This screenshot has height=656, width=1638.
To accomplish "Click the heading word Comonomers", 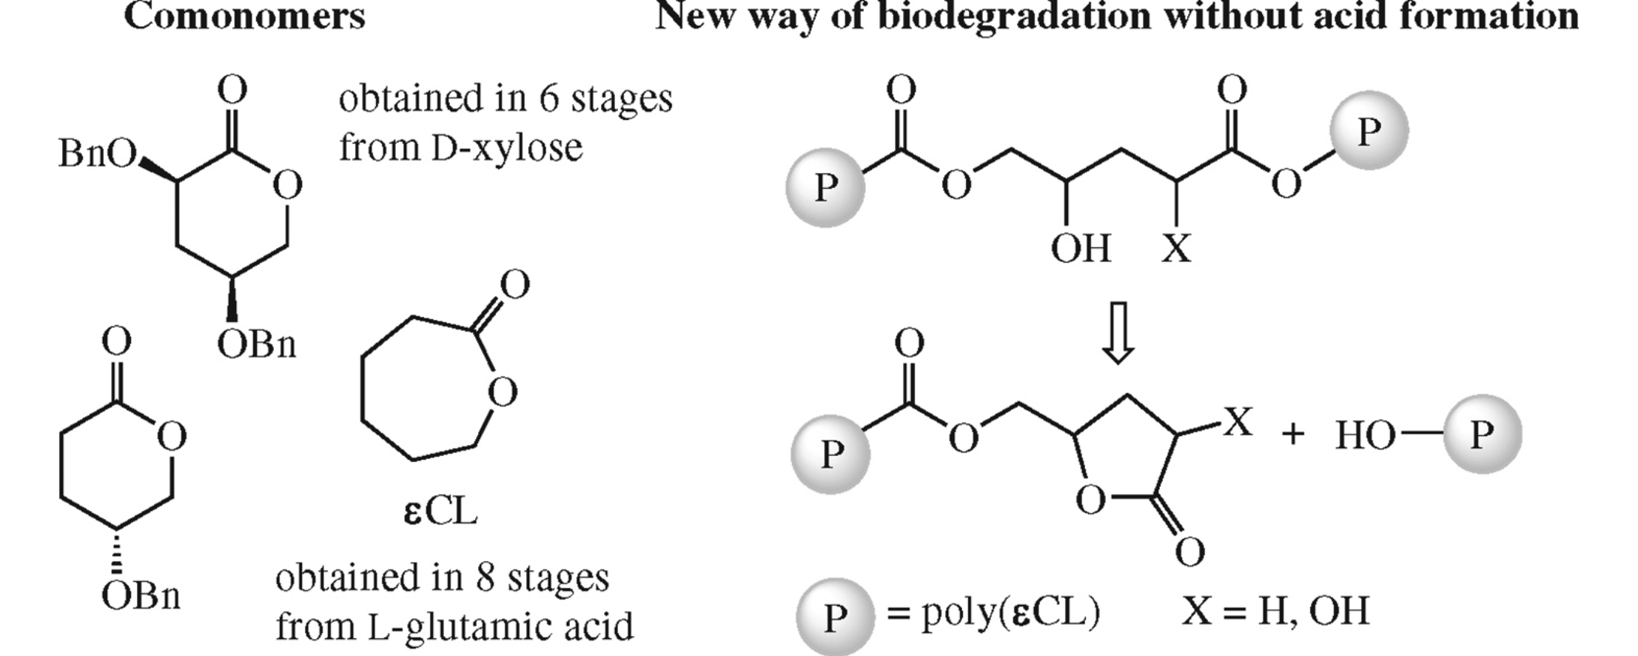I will [x=244, y=16].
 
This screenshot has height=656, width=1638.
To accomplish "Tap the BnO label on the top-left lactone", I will [x=97, y=154].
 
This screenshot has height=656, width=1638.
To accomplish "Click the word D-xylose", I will [x=507, y=147].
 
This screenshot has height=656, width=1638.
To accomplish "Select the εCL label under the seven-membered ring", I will [x=441, y=512].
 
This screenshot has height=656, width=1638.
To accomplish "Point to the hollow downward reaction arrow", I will [x=1118, y=332].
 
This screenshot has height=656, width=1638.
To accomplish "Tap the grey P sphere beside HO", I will [x=1482, y=434].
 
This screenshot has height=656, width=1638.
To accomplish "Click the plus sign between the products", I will [x=1292, y=434].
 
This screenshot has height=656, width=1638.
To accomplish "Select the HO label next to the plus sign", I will [x=1365, y=435].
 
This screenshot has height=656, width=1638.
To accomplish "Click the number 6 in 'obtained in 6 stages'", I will [x=548, y=98].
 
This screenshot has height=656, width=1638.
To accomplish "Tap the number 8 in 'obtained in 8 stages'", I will [x=485, y=578].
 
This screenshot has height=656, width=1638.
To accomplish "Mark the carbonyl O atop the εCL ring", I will [x=514, y=285].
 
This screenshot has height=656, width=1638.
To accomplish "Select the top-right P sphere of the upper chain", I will [x=1369, y=131].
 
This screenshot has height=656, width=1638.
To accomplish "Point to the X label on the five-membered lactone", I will [x=1237, y=423].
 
